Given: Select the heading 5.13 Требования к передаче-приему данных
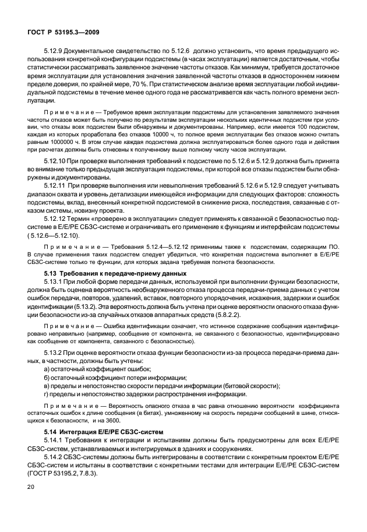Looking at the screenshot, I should pyautogui.click(x=115, y=273).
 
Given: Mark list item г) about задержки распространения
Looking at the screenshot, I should pyautogui.click(x=150, y=394).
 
